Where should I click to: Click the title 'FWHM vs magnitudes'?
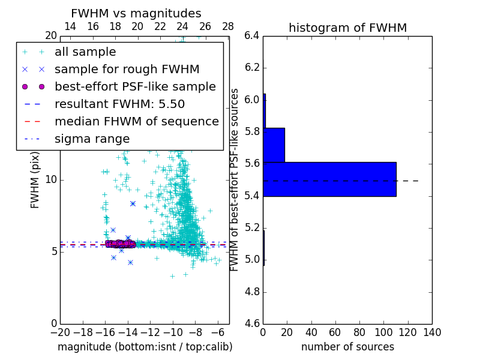pyautogui.click(x=136, y=14)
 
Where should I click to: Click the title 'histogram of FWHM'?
pyautogui.click(x=347, y=28)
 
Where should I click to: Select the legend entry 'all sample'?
pyautogui.click(x=85, y=52)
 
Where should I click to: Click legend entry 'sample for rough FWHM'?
pyautogui.click(x=127, y=69)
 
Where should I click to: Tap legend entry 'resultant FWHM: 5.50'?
pyautogui.click(x=119, y=104)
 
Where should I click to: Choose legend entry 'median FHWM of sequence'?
pyautogui.click(x=136, y=121)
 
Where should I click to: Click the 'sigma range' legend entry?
pyautogui.click(x=92, y=139)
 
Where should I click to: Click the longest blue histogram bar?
pyautogui.click(x=329, y=179)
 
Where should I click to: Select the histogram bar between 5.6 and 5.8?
pyautogui.click(x=274, y=145)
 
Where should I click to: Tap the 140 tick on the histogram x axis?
pyautogui.click(x=431, y=332)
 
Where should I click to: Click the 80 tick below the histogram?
pyautogui.click(x=359, y=332)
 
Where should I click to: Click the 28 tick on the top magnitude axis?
pyautogui.click(x=228, y=26)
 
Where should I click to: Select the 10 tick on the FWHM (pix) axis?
pyautogui.click(x=50, y=179)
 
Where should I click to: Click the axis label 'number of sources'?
pyautogui.click(x=347, y=347)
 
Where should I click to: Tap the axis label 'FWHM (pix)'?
pyautogui.click(x=35, y=179)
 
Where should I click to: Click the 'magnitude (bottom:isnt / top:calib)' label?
pyautogui.click(x=145, y=347)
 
